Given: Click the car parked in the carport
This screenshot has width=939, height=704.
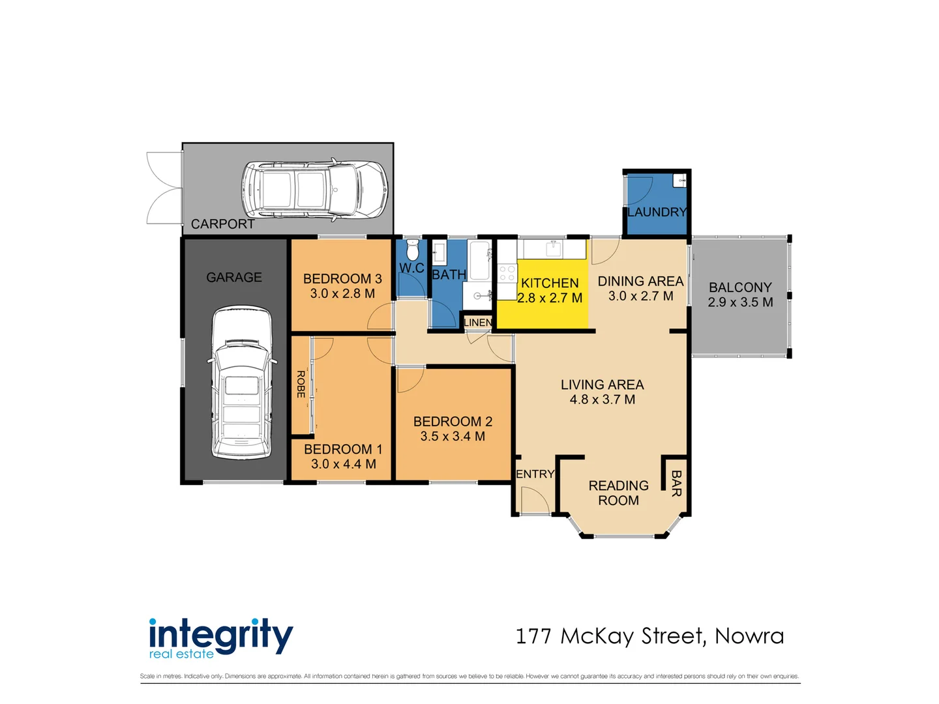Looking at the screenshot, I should point(314,190).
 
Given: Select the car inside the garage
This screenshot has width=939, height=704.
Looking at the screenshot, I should point(239,383).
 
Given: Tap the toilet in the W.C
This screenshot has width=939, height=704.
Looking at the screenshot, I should point(412,250).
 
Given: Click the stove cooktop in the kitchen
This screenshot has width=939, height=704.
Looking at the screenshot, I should point(507,272).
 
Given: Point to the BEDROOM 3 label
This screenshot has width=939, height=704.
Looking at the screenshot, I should point(342,279).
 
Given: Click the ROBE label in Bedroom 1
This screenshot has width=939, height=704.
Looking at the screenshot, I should point(301,384).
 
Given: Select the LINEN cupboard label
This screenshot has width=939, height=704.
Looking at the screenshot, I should point(477,323).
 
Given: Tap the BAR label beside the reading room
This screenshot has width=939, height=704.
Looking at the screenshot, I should point(676,483).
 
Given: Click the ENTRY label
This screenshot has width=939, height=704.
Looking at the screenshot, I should point(535,474).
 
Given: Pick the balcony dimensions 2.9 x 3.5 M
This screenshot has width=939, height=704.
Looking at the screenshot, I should point(740,302).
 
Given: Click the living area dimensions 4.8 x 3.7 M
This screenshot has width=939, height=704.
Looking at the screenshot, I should point(602,400).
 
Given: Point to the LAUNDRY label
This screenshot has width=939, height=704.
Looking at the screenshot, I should point(657,213).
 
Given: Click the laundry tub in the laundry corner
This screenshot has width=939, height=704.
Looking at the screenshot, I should point(680,181).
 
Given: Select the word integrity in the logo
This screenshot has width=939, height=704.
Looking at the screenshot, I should point(220,634).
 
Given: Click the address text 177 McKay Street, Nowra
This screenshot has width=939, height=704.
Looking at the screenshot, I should point(649,636).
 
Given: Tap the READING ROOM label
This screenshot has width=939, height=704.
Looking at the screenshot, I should point(618,493).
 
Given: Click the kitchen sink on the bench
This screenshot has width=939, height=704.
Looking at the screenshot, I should point(554,248).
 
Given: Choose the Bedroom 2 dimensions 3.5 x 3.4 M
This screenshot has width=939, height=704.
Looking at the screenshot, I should point(453,436).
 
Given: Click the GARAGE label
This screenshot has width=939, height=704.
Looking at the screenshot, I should point(233,278).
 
